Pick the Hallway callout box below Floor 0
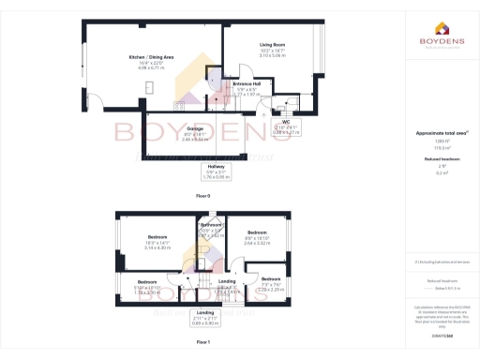[216, 172]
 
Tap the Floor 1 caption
[203, 343]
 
